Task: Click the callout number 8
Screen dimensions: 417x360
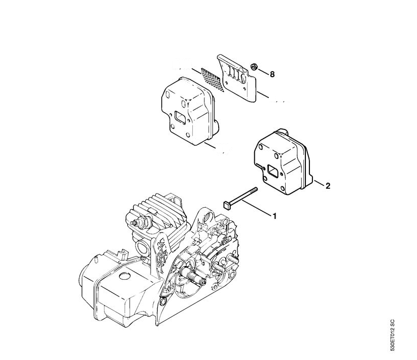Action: click(x=272, y=74)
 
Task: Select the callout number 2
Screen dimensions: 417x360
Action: click(x=328, y=186)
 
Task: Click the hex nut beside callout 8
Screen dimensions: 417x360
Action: click(x=254, y=67)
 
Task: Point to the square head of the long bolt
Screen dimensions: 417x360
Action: click(x=226, y=205)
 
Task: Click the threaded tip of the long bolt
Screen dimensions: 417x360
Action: click(x=255, y=189)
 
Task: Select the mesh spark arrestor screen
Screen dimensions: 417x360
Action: click(x=213, y=79)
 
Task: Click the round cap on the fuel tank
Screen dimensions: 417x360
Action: click(x=125, y=276)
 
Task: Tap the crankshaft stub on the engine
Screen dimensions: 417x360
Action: click(x=193, y=276)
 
